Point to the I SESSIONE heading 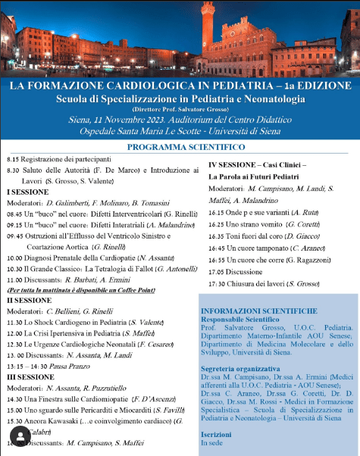click(x=27, y=192)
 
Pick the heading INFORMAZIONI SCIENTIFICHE click(x=258, y=311)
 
